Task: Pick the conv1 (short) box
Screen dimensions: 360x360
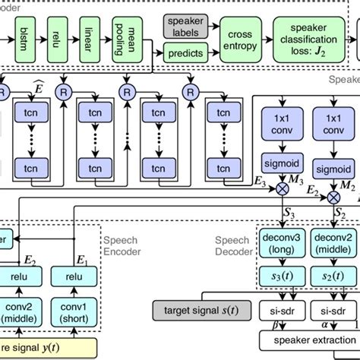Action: (x=71, y=310)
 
